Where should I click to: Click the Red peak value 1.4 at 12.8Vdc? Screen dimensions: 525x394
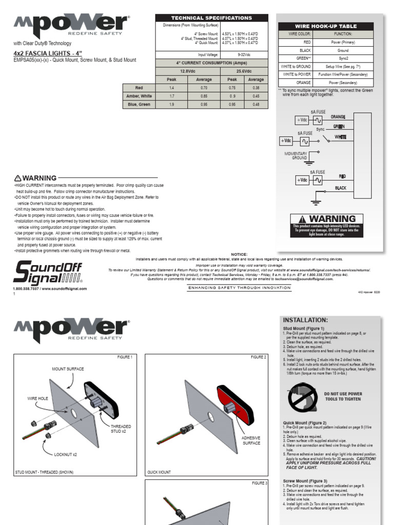pos(172,88)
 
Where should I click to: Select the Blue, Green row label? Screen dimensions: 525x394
pos(139,104)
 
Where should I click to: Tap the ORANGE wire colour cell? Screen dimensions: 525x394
pos(304,82)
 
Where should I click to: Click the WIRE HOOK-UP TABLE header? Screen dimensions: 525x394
pos(326,26)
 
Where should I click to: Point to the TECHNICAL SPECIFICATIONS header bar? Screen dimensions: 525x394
pos(211,18)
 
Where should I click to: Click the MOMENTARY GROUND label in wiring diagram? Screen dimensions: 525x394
pos(296,156)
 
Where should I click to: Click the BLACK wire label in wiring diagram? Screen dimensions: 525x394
pos(341,188)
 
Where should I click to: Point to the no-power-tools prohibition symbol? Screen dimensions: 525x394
pos(302,396)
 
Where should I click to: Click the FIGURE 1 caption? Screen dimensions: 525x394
pos(125,357)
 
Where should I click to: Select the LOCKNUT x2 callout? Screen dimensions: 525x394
pos(66,454)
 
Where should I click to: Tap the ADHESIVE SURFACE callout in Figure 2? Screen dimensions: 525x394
pos(251,440)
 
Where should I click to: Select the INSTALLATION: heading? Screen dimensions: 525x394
pos(305,320)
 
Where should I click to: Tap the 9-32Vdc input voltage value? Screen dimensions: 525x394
pos(244,54)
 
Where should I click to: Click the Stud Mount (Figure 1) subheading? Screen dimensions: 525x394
pos(303,328)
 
